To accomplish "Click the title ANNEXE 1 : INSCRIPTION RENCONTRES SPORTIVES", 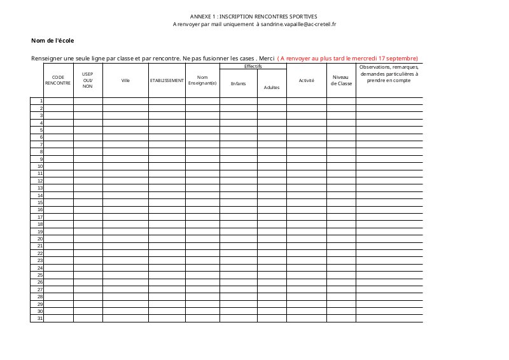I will [x=253, y=16].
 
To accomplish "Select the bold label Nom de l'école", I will [x=52, y=41].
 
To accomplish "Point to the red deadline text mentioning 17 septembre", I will [x=347, y=58].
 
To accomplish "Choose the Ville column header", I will [x=125, y=81].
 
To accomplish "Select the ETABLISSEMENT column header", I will [x=167, y=81].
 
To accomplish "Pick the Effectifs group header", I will [x=253, y=66].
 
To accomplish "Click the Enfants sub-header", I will [x=238, y=83].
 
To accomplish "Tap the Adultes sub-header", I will [x=272, y=87].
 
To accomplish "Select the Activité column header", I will [x=307, y=81].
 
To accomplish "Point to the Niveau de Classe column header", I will [x=341, y=80].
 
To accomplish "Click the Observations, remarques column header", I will [x=389, y=74].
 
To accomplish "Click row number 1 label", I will [x=41, y=101].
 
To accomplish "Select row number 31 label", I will [x=39, y=318].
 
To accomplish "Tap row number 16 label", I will [x=39, y=209].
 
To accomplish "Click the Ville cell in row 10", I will [x=125, y=166].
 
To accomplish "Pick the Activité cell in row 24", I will [x=307, y=268].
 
